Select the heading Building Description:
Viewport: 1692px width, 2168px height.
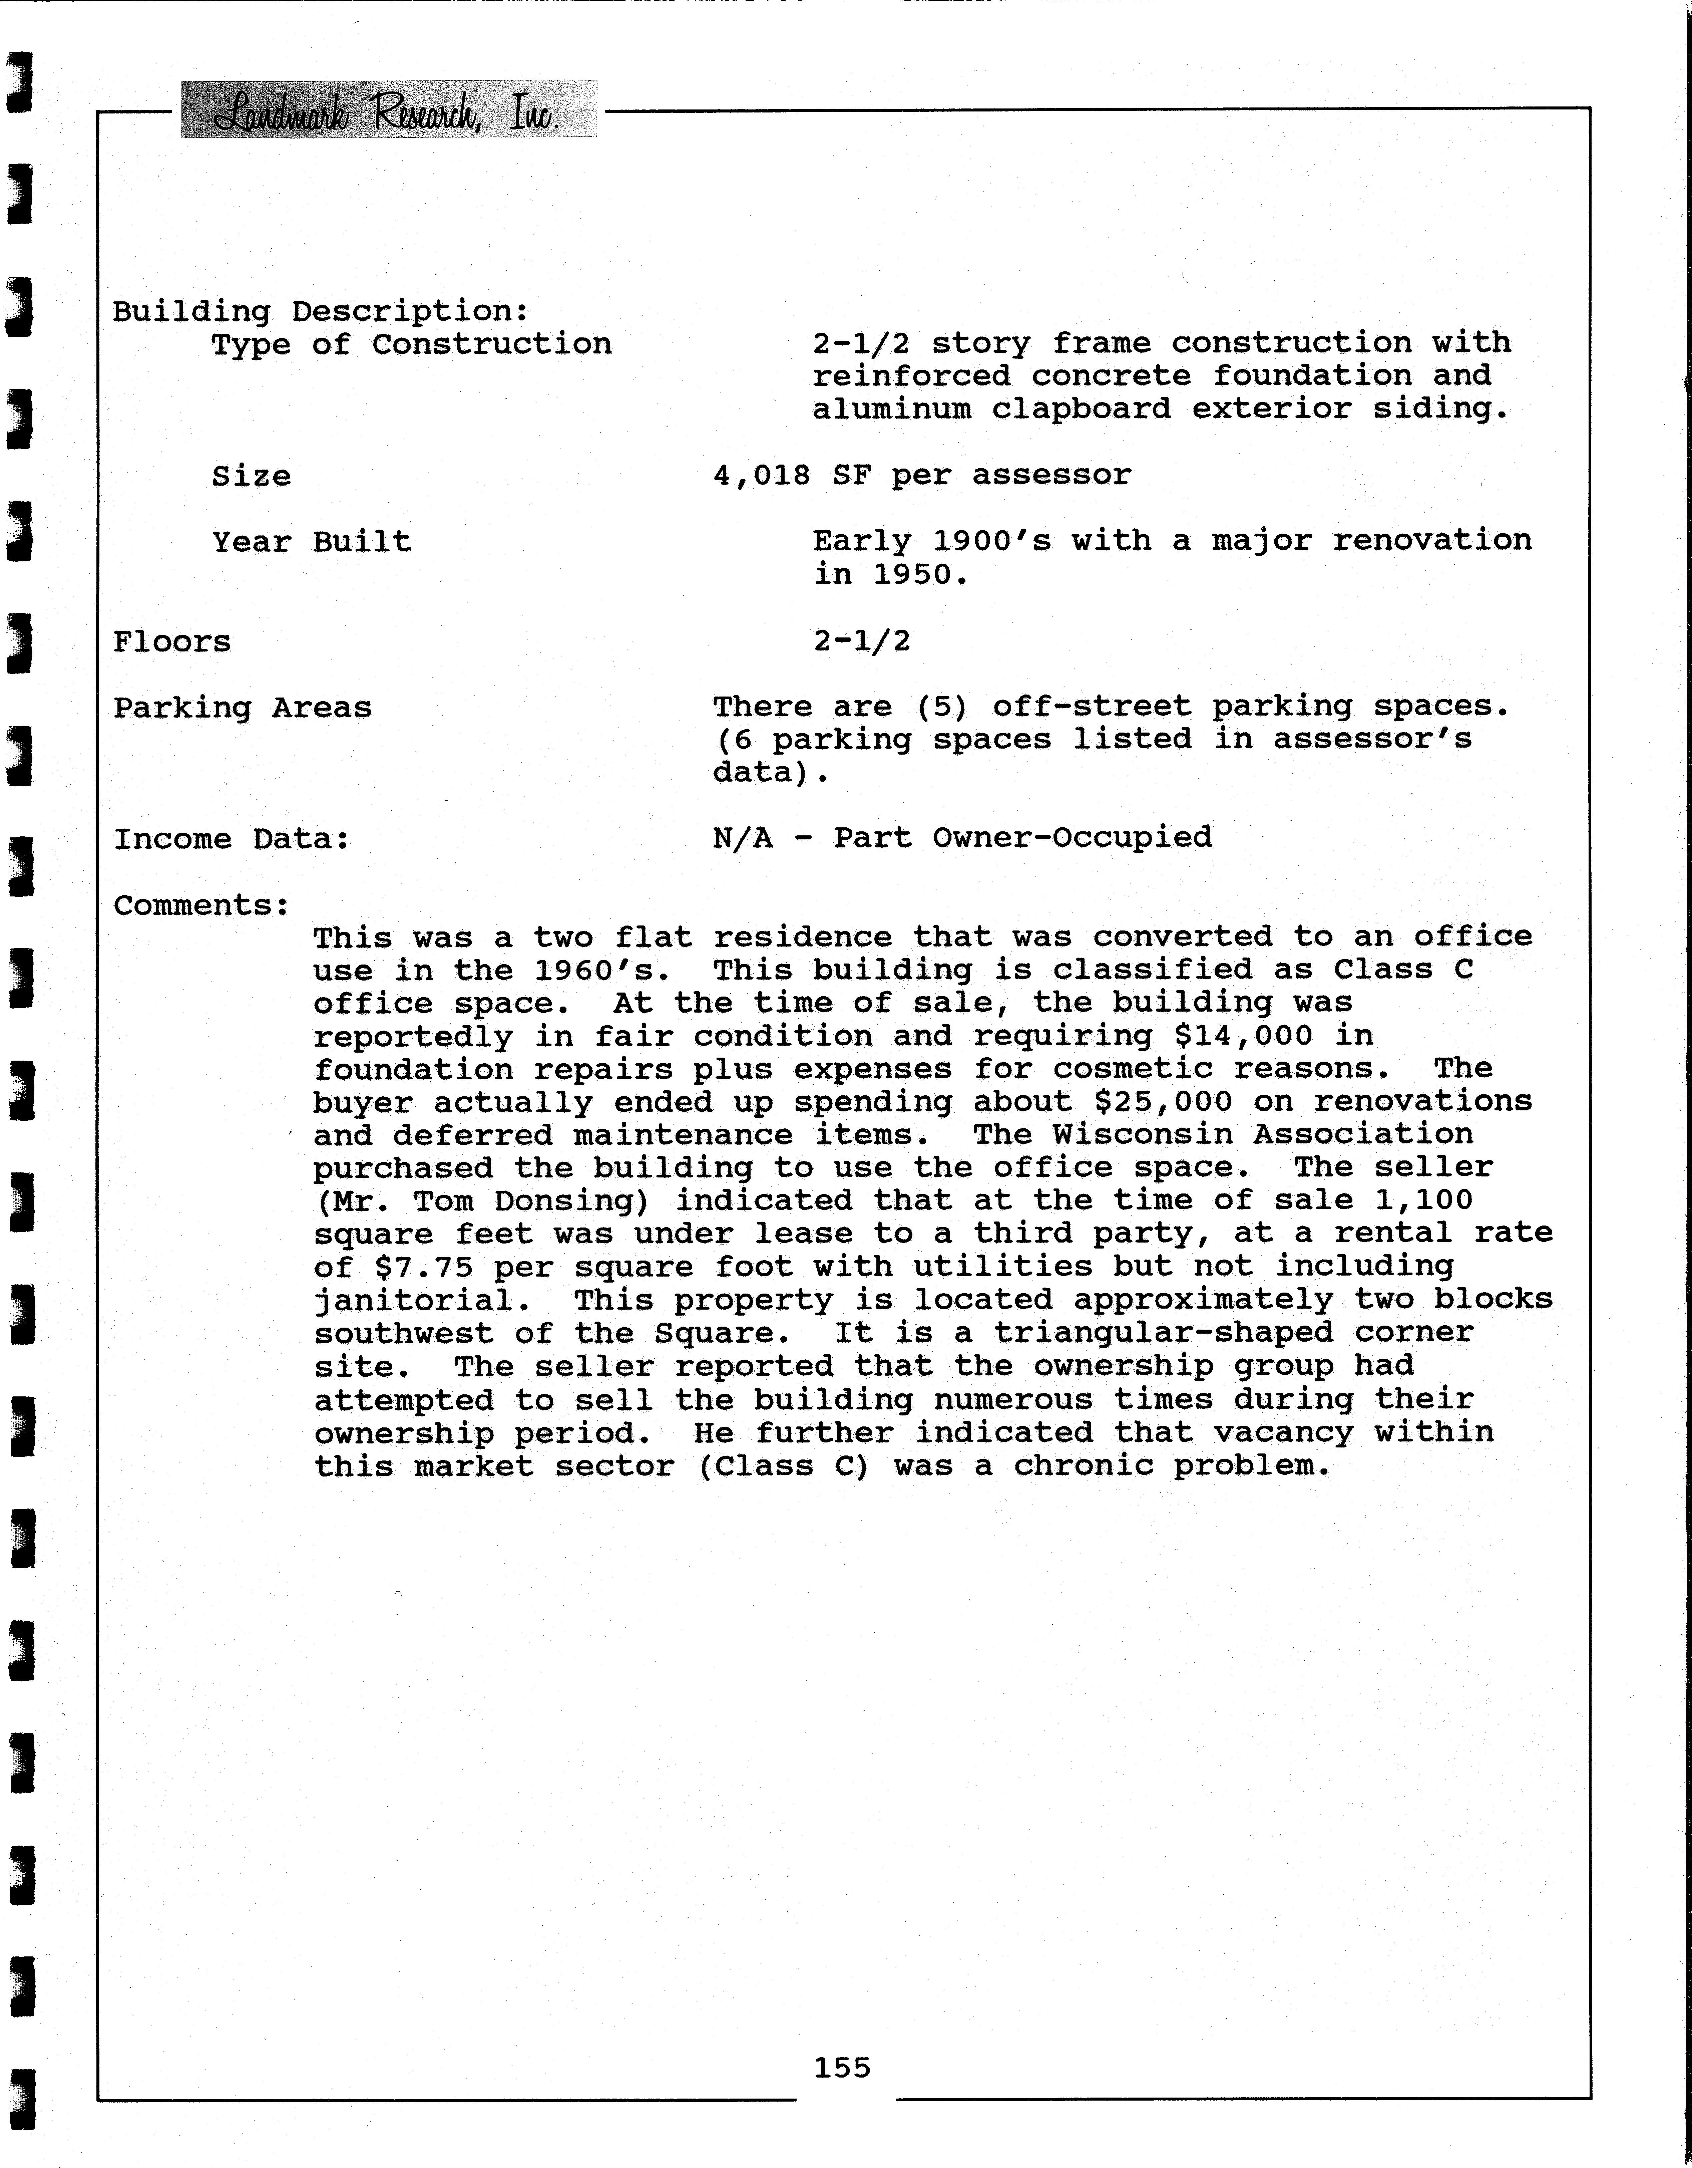321,312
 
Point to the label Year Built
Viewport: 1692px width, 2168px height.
311,542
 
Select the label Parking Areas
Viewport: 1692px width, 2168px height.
242,708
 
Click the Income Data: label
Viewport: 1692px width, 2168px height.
231,840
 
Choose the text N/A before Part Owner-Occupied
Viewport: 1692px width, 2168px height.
742,838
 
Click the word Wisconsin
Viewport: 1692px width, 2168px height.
1131,1135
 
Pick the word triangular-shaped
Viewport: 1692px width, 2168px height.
1163,1333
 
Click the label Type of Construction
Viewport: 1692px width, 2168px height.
411,344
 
